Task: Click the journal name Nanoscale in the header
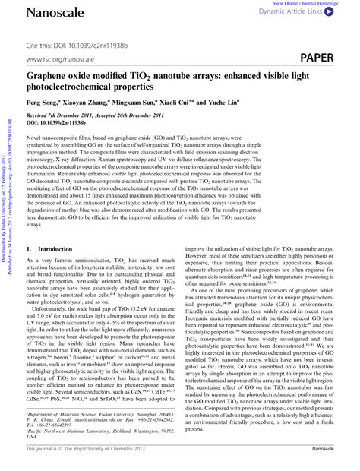click(x=55, y=11)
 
